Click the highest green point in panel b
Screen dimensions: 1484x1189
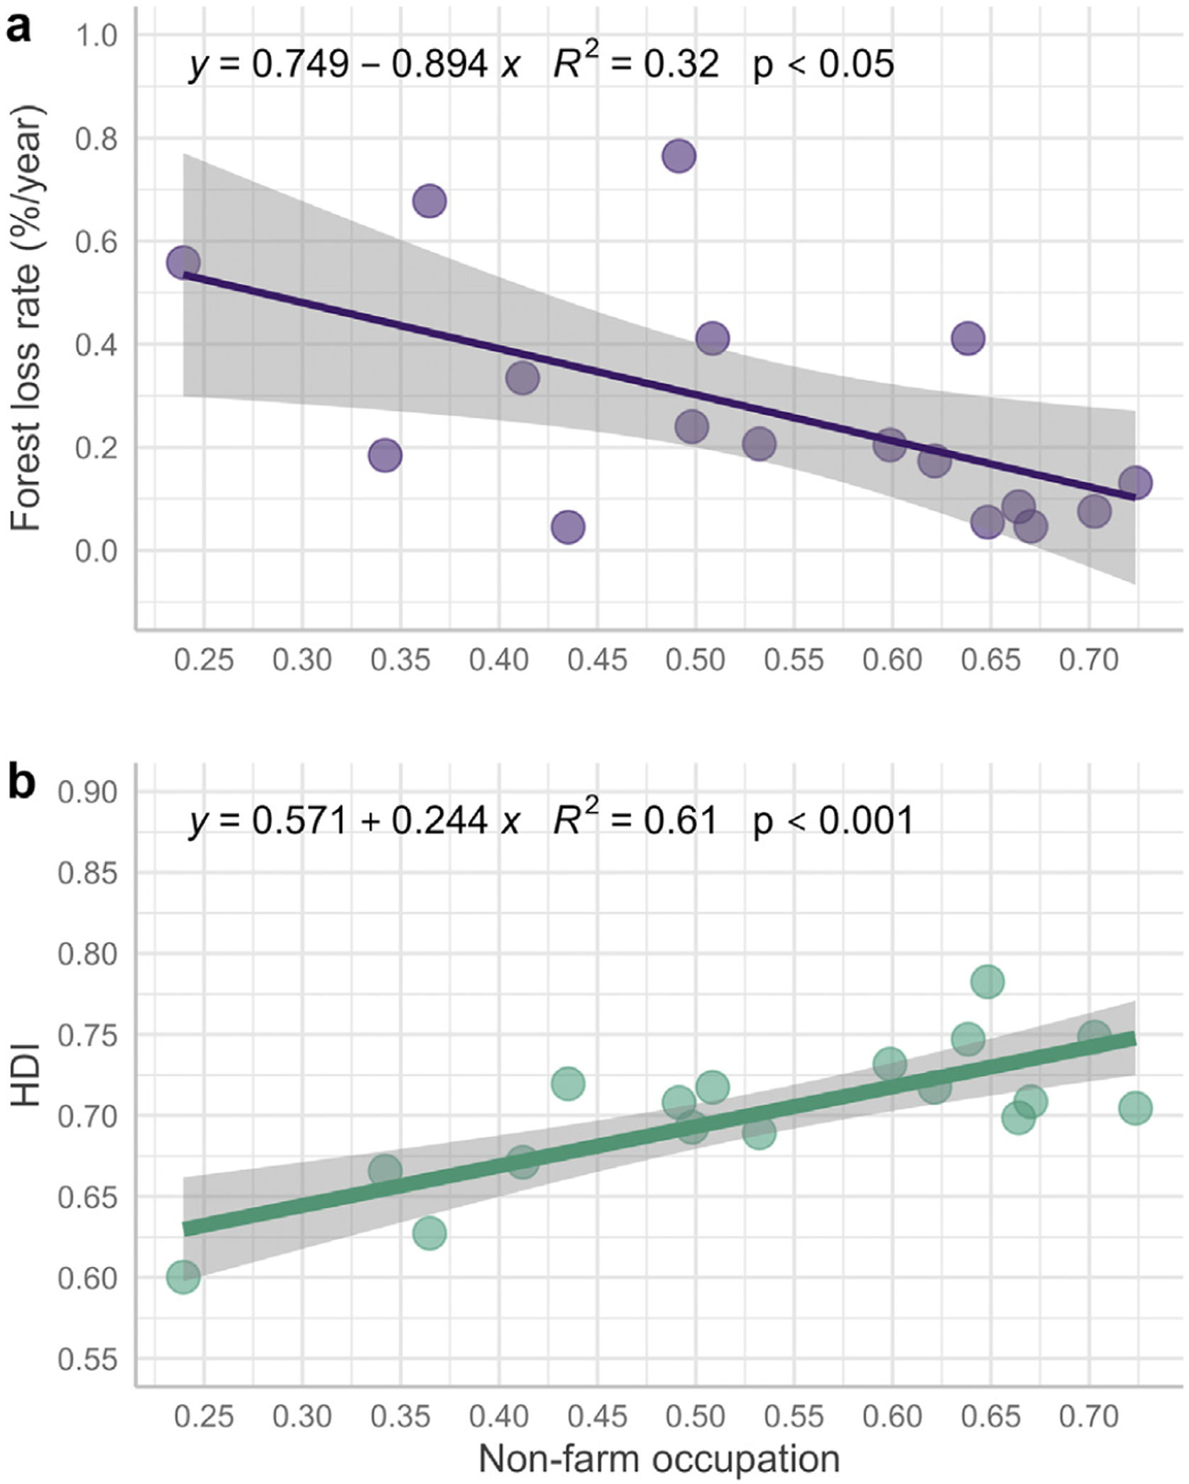point(987,982)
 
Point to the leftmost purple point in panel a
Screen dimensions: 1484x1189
point(183,263)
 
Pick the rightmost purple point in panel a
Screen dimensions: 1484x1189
point(1135,483)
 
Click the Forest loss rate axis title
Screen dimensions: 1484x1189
point(28,318)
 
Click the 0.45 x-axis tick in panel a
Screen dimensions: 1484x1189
point(597,660)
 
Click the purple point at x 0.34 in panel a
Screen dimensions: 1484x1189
point(385,455)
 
